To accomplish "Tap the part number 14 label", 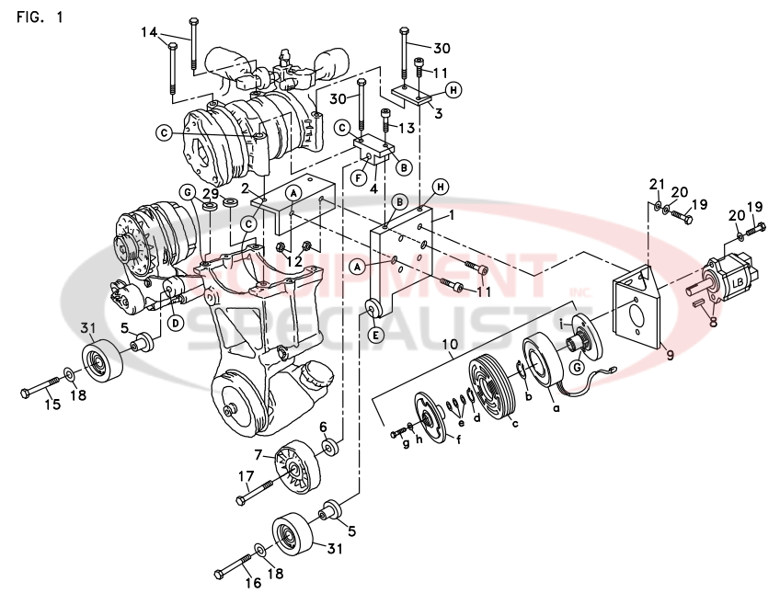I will pos(149,33).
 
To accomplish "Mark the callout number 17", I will pos(247,476).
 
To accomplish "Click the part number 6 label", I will pos(323,427).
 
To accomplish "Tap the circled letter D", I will pos(175,322).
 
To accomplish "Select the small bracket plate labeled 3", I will pos(411,95).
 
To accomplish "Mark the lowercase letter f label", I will pos(458,438).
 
